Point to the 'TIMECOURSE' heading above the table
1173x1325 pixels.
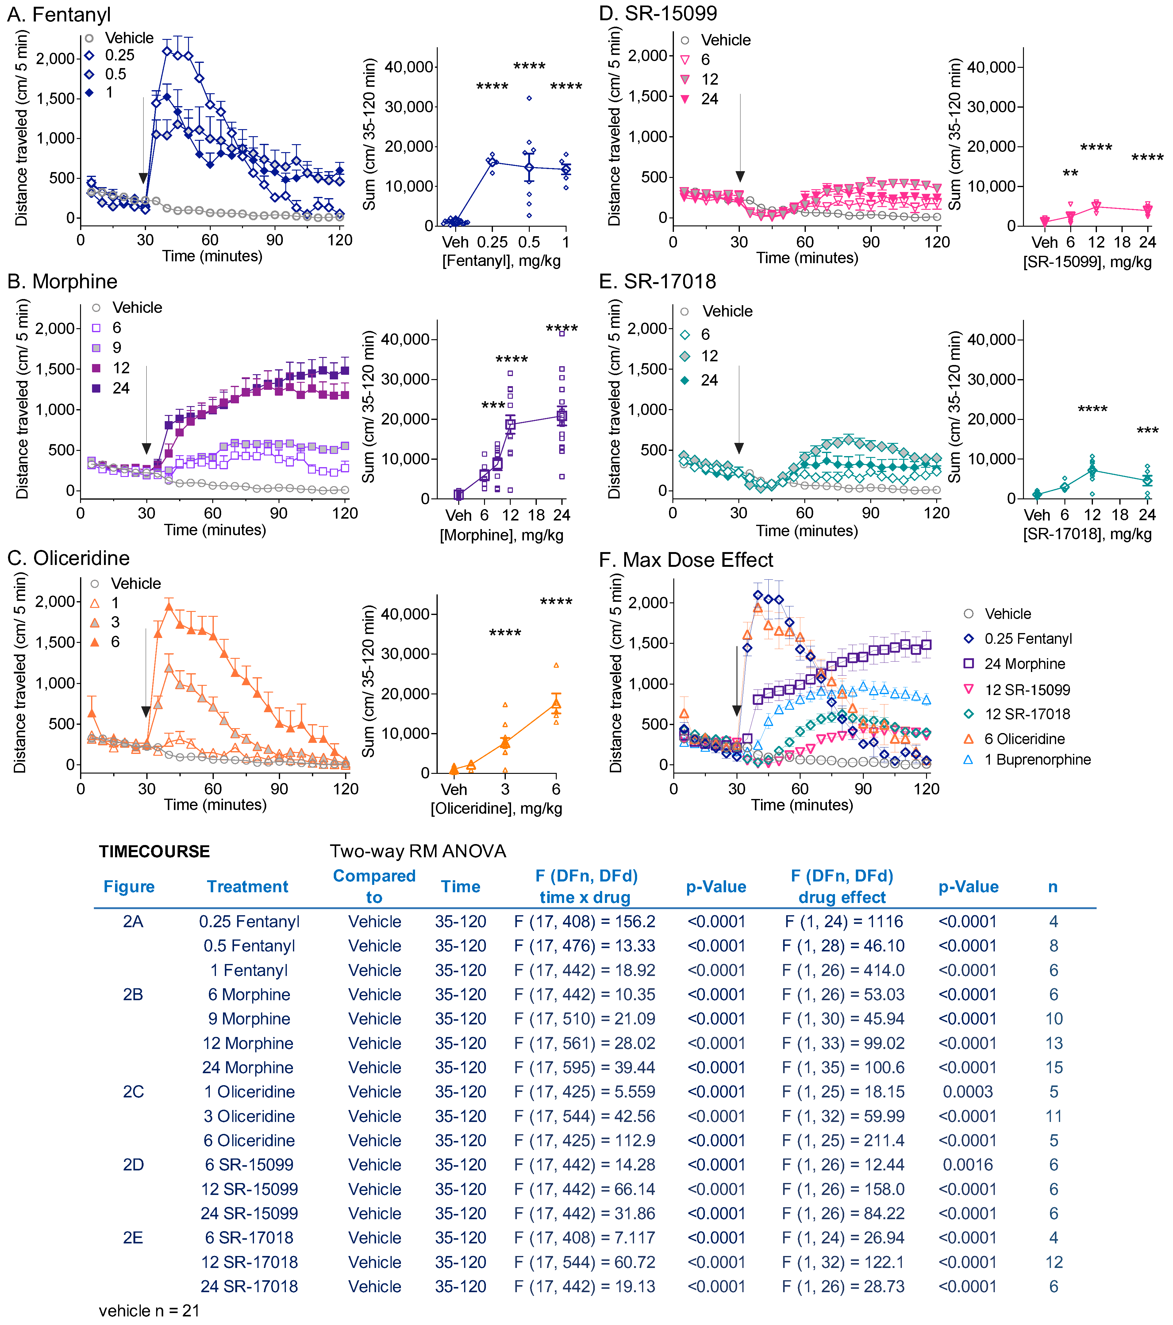pyautogui.click(x=154, y=851)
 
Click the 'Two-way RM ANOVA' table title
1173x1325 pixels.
pyautogui.click(x=417, y=851)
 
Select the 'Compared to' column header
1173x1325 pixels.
pyautogui.click(x=374, y=886)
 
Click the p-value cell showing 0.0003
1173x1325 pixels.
pyautogui.click(x=967, y=1092)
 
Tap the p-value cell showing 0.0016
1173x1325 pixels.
pyautogui.click(x=967, y=1165)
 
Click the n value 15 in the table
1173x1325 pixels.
pyautogui.click(x=1054, y=1068)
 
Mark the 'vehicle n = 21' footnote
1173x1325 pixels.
pyautogui.click(x=149, y=1310)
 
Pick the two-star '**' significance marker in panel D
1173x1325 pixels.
pyautogui.click(x=1070, y=174)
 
